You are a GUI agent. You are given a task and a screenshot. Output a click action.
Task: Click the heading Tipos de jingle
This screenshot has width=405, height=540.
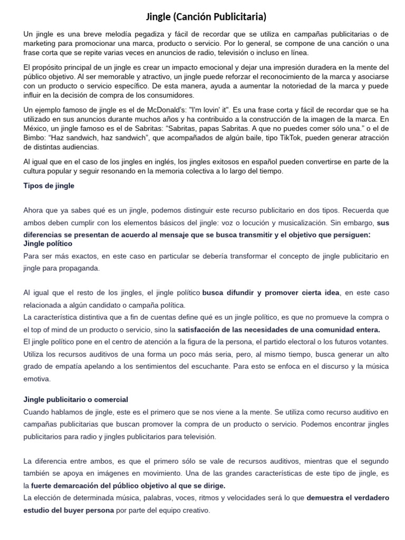(49, 186)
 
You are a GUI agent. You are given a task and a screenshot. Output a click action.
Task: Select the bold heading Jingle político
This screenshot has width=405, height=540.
(48, 244)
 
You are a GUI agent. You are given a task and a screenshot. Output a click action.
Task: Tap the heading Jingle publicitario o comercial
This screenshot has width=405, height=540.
(76, 399)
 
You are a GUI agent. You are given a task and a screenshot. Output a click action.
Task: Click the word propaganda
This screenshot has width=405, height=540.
(80, 268)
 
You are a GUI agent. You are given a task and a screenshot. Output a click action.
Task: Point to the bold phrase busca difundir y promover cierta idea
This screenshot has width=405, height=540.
(271, 292)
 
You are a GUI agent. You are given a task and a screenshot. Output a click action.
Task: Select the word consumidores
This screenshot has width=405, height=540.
(170, 95)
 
